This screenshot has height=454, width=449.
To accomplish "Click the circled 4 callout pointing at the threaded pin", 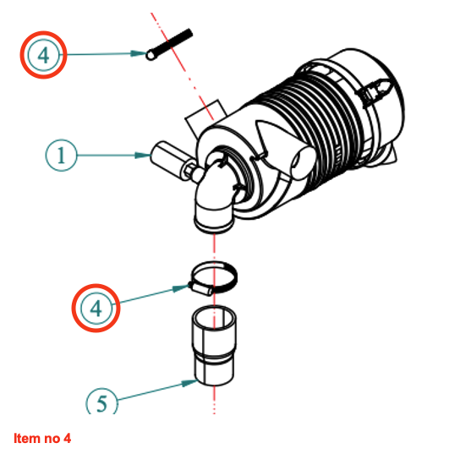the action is (43, 55).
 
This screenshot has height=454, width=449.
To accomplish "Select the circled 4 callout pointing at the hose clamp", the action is (96, 308).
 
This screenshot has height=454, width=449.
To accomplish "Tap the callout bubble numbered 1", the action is (61, 156).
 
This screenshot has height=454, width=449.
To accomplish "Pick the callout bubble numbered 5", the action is (101, 402).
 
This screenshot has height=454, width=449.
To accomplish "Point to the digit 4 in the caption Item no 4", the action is (67, 439).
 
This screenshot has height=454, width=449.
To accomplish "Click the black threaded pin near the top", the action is (169, 44).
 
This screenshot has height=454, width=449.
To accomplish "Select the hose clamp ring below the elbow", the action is (215, 277).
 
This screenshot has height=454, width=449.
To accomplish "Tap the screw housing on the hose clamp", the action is (201, 289).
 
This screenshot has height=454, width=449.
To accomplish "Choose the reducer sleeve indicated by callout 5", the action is (214, 346).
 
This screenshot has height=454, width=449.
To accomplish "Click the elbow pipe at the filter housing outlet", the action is (216, 197).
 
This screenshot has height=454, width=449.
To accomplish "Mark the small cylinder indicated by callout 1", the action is (167, 159).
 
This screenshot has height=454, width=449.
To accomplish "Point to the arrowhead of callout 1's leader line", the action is (143, 156).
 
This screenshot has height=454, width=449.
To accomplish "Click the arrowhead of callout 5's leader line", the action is (189, 383).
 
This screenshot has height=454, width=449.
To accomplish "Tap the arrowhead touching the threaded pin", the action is (138, 53).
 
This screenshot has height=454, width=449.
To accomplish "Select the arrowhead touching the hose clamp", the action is (181, 288).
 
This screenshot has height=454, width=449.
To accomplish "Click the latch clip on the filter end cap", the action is (375, 91).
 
